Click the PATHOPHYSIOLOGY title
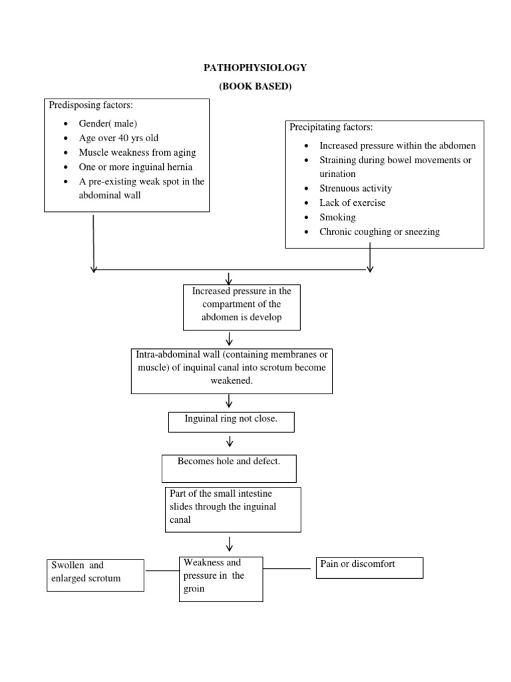pyautogui.click(x=255, y=68)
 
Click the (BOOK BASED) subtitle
pyautogui.click(x=255, y=86)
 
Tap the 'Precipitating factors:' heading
pyautogui.click(x=331, y=127)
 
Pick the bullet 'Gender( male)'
pyautogui.click(x=108, y=123)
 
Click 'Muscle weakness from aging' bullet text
pyautogui.click(x=137, y=153)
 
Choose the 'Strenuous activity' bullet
pyautogui.click(x=355, y=188)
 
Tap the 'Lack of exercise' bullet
pyautogui.click(x=352, y=202)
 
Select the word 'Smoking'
pyautogui.click(x=337, y=217)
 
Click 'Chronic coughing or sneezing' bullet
pyautogui.click(x=379, y=232)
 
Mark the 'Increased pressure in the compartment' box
pyautogui.click(x=242, y=307)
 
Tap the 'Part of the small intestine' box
pyautogui.click(x=233, y=510)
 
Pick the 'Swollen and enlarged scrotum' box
pyautogui.click(x=95, y=575)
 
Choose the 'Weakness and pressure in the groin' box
pyautogui.click(x=221, y=579)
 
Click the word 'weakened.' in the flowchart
pyautogui.click(x=232, y=380)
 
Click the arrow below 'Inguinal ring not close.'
pyautogui.click(x=230, y=442)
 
